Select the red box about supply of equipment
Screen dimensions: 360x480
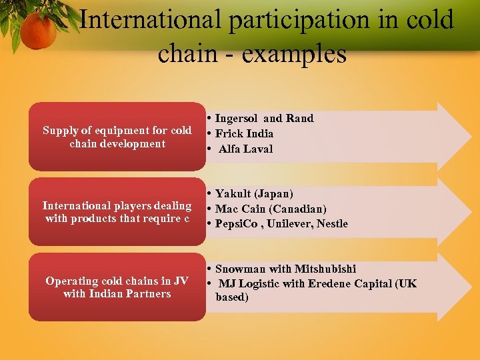pyautogui.click(x=117, y=137)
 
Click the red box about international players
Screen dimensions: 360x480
pyautogui.click(x=117, y=212)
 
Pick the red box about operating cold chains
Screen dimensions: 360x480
pyautogui.click(x=117, y=287)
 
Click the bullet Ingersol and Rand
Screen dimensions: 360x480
pyautogui.click(x=264, y=118)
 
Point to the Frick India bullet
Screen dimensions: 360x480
pyautogui.click(x=244, y=133)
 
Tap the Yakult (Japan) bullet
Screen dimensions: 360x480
pyautogui.click(x=254, y=193)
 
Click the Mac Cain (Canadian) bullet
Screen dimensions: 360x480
pyautogui.click(x=271, y=209)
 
